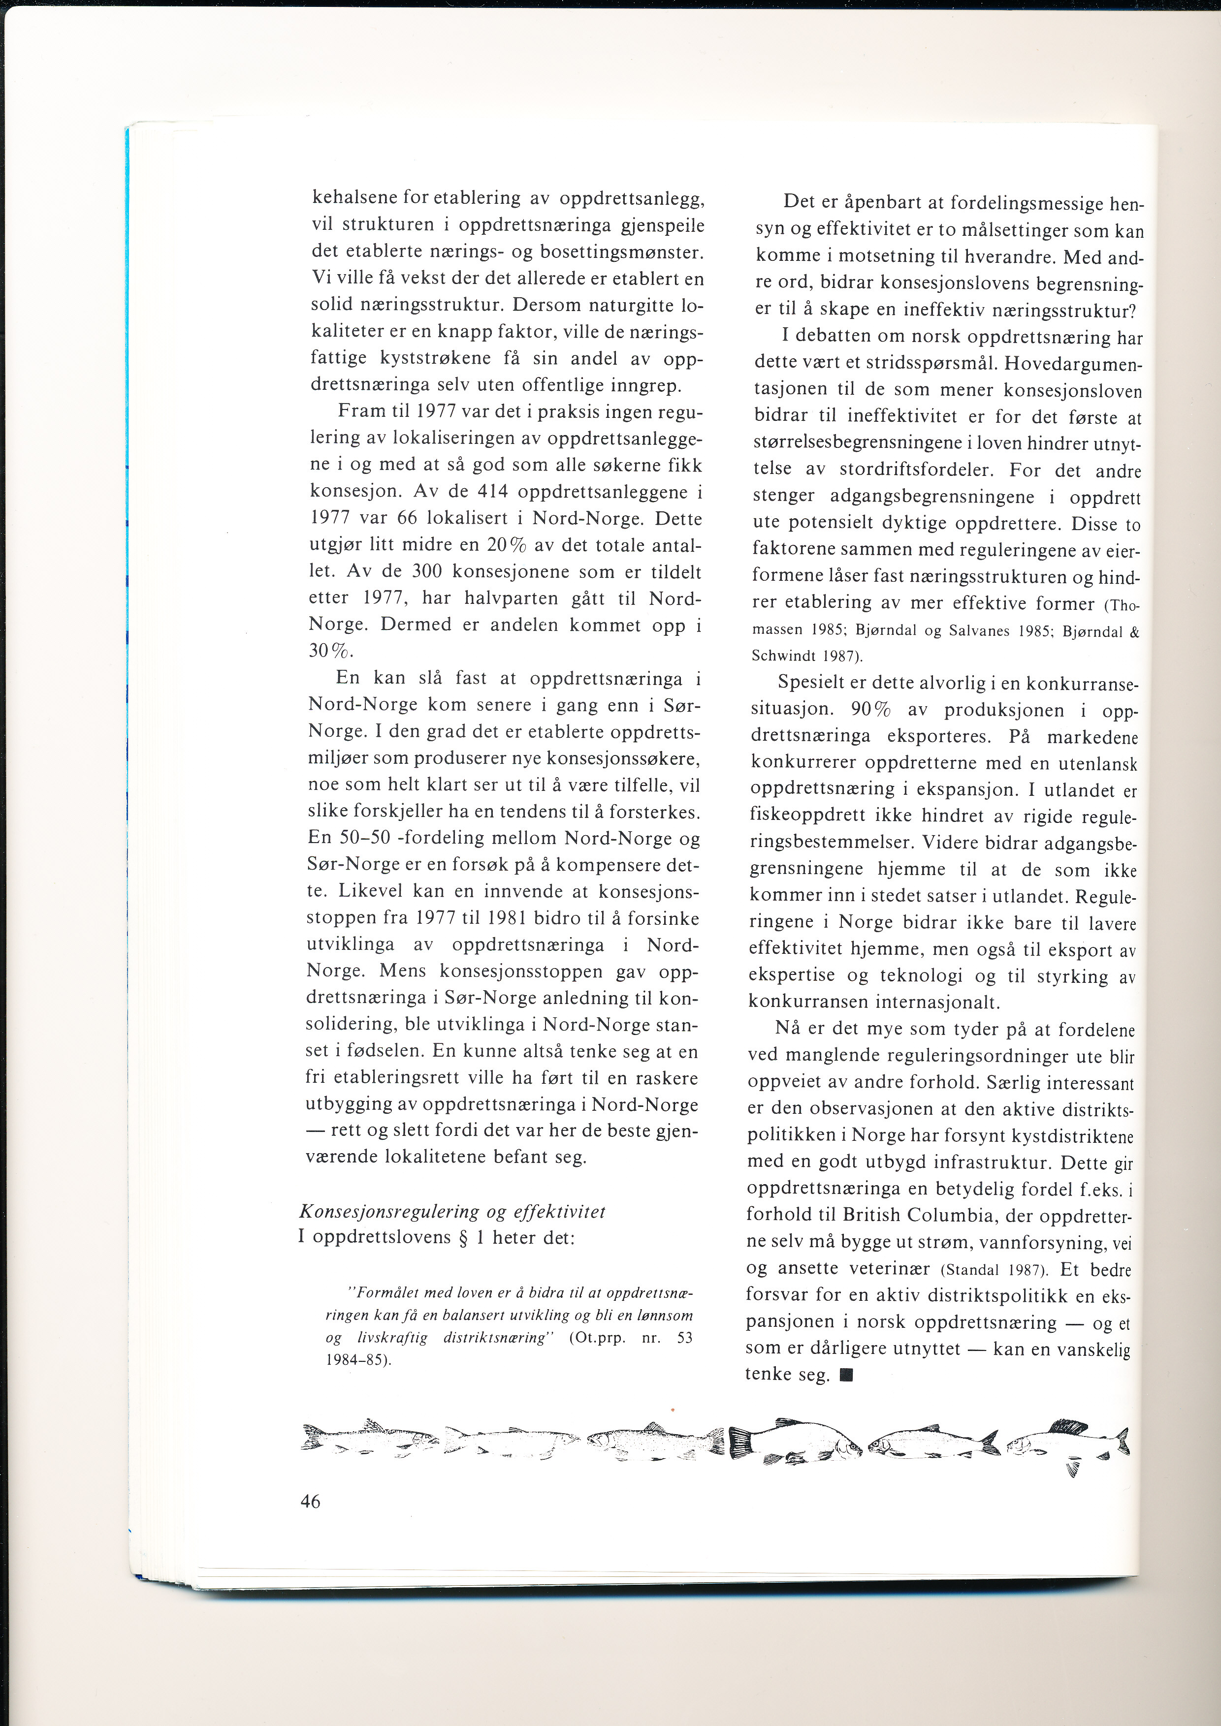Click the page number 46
pos(310,1501)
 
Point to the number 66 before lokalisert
pos(406,519)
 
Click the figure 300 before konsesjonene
pos(428,572)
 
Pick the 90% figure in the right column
pos(871,710)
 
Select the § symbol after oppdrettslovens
pos(463,1237)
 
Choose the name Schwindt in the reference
pos(783,656)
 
